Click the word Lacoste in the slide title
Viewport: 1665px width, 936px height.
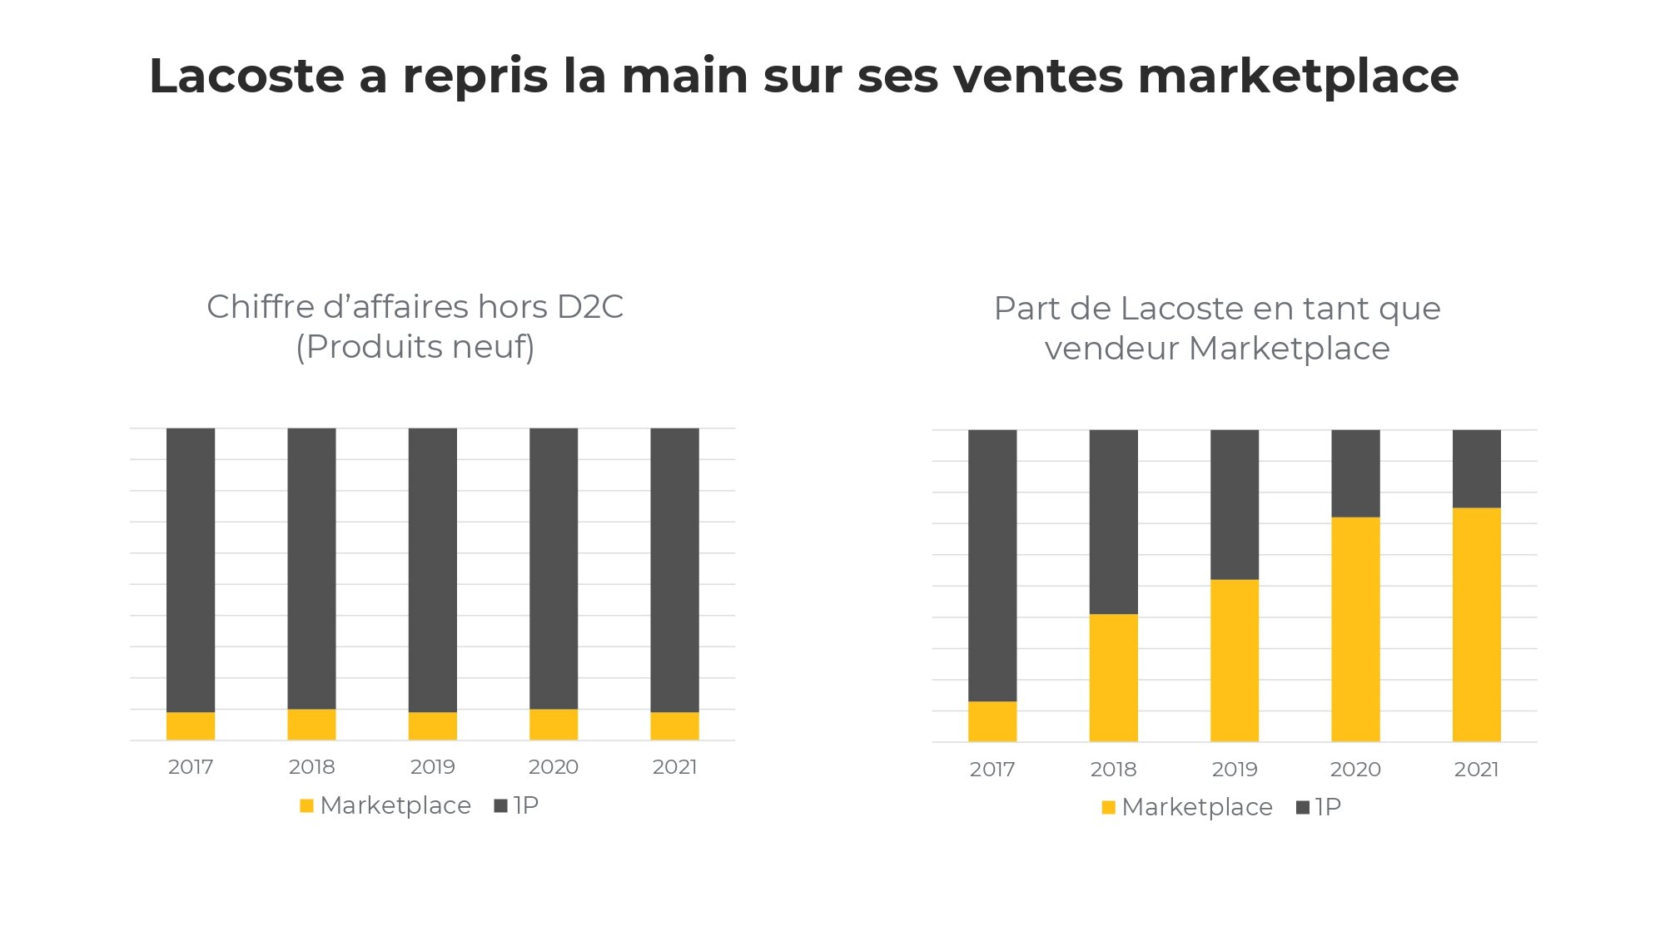[x=246, y=76]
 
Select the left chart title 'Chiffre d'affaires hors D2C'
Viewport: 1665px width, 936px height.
[x=415, y=307]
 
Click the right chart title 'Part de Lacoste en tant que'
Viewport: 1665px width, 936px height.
[x=1217, y=309]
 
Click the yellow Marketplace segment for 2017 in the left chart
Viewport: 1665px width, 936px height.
[x=191, y=726]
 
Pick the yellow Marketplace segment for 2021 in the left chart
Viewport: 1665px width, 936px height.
[x=674, y=726]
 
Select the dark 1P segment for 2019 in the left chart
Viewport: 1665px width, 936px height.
[x=433, y=570]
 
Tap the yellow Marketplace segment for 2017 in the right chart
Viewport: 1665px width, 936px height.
[x=992, y=721]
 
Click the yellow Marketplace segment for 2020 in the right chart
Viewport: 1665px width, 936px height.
[x=1355, y=629]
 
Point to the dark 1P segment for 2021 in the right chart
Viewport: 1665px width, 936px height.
[x=1476, y=468]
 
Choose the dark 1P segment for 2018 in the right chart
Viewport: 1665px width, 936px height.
[x=1113, y=522]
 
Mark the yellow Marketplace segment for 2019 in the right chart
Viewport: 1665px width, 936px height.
[x=1235, y=660]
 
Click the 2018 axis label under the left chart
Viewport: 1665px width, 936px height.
[x=311, y=767]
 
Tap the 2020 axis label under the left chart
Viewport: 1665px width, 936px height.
[x=554, y=767]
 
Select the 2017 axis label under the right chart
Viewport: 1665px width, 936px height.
[x=992, y=770]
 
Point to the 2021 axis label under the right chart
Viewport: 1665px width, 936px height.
[x=1476, y=770]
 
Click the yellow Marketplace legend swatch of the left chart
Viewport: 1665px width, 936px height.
[x=306, y=805]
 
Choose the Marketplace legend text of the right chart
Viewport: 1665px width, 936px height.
[x=1197, y=807]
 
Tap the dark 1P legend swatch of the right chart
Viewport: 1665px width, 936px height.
[x=1303, y=807]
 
